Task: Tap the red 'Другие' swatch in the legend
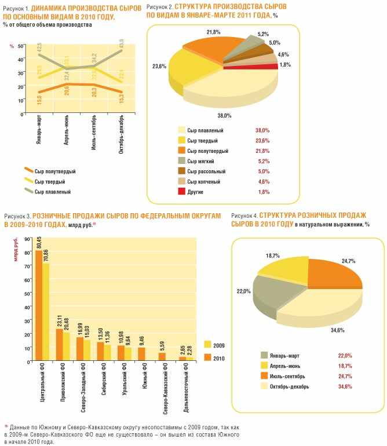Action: (x=182, y=191)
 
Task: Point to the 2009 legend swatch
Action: (x=208, y=345)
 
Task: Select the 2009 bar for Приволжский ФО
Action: (x=65, y=346)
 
